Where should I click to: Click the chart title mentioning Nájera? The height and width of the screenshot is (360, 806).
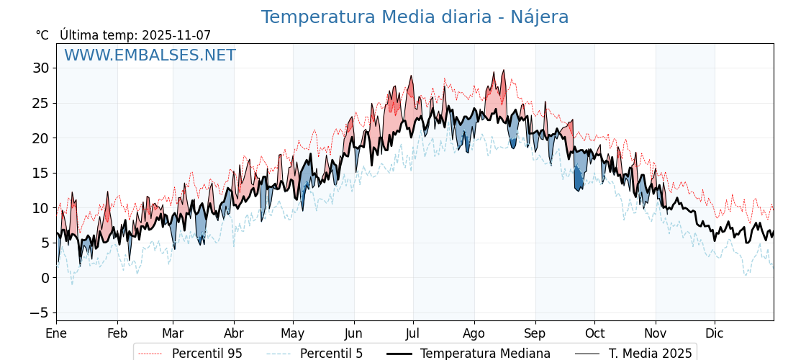415,17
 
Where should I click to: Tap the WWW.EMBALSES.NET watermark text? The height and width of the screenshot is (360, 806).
150,55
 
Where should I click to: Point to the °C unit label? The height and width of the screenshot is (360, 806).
42,35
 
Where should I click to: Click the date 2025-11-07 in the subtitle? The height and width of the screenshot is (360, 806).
176,35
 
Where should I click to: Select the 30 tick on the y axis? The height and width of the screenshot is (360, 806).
40,68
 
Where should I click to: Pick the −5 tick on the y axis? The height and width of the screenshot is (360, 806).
39,312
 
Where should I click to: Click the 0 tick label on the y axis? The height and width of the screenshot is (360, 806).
45,278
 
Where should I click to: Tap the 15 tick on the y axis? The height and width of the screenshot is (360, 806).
40,173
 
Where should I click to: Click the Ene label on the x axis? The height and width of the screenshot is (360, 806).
56,333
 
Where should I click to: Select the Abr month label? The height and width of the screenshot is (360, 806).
234,333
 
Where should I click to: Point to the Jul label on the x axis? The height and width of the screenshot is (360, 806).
413,333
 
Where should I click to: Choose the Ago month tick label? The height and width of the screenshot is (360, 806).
474,333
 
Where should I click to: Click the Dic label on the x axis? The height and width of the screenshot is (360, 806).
715,333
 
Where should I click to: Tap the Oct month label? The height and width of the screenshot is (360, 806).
594,333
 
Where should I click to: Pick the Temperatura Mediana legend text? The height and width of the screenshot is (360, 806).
485,354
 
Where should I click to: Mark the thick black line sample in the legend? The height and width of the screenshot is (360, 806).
399,354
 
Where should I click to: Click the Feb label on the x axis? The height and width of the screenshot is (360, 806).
117,333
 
